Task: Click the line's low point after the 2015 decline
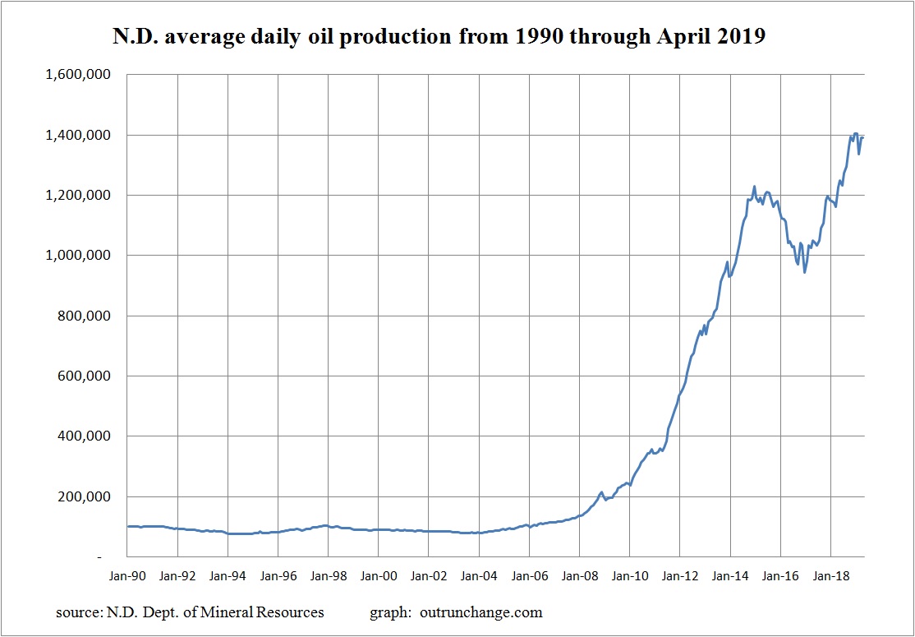805,272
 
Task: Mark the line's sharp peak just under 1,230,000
754,187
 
